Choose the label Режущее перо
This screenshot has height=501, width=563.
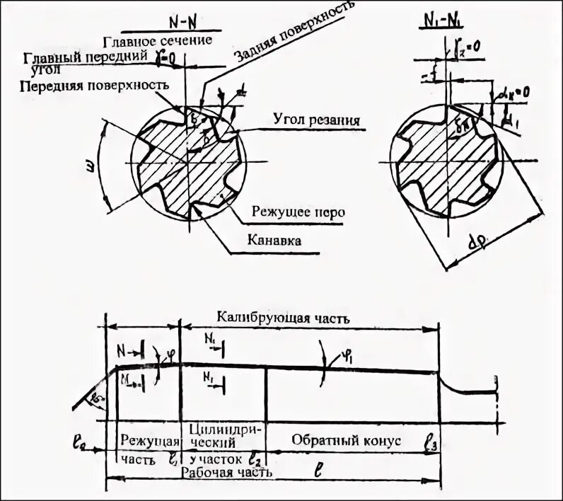click(296, 211)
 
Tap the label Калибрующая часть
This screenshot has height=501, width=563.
click(283, 318)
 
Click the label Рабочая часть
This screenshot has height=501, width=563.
click(226, 471)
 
